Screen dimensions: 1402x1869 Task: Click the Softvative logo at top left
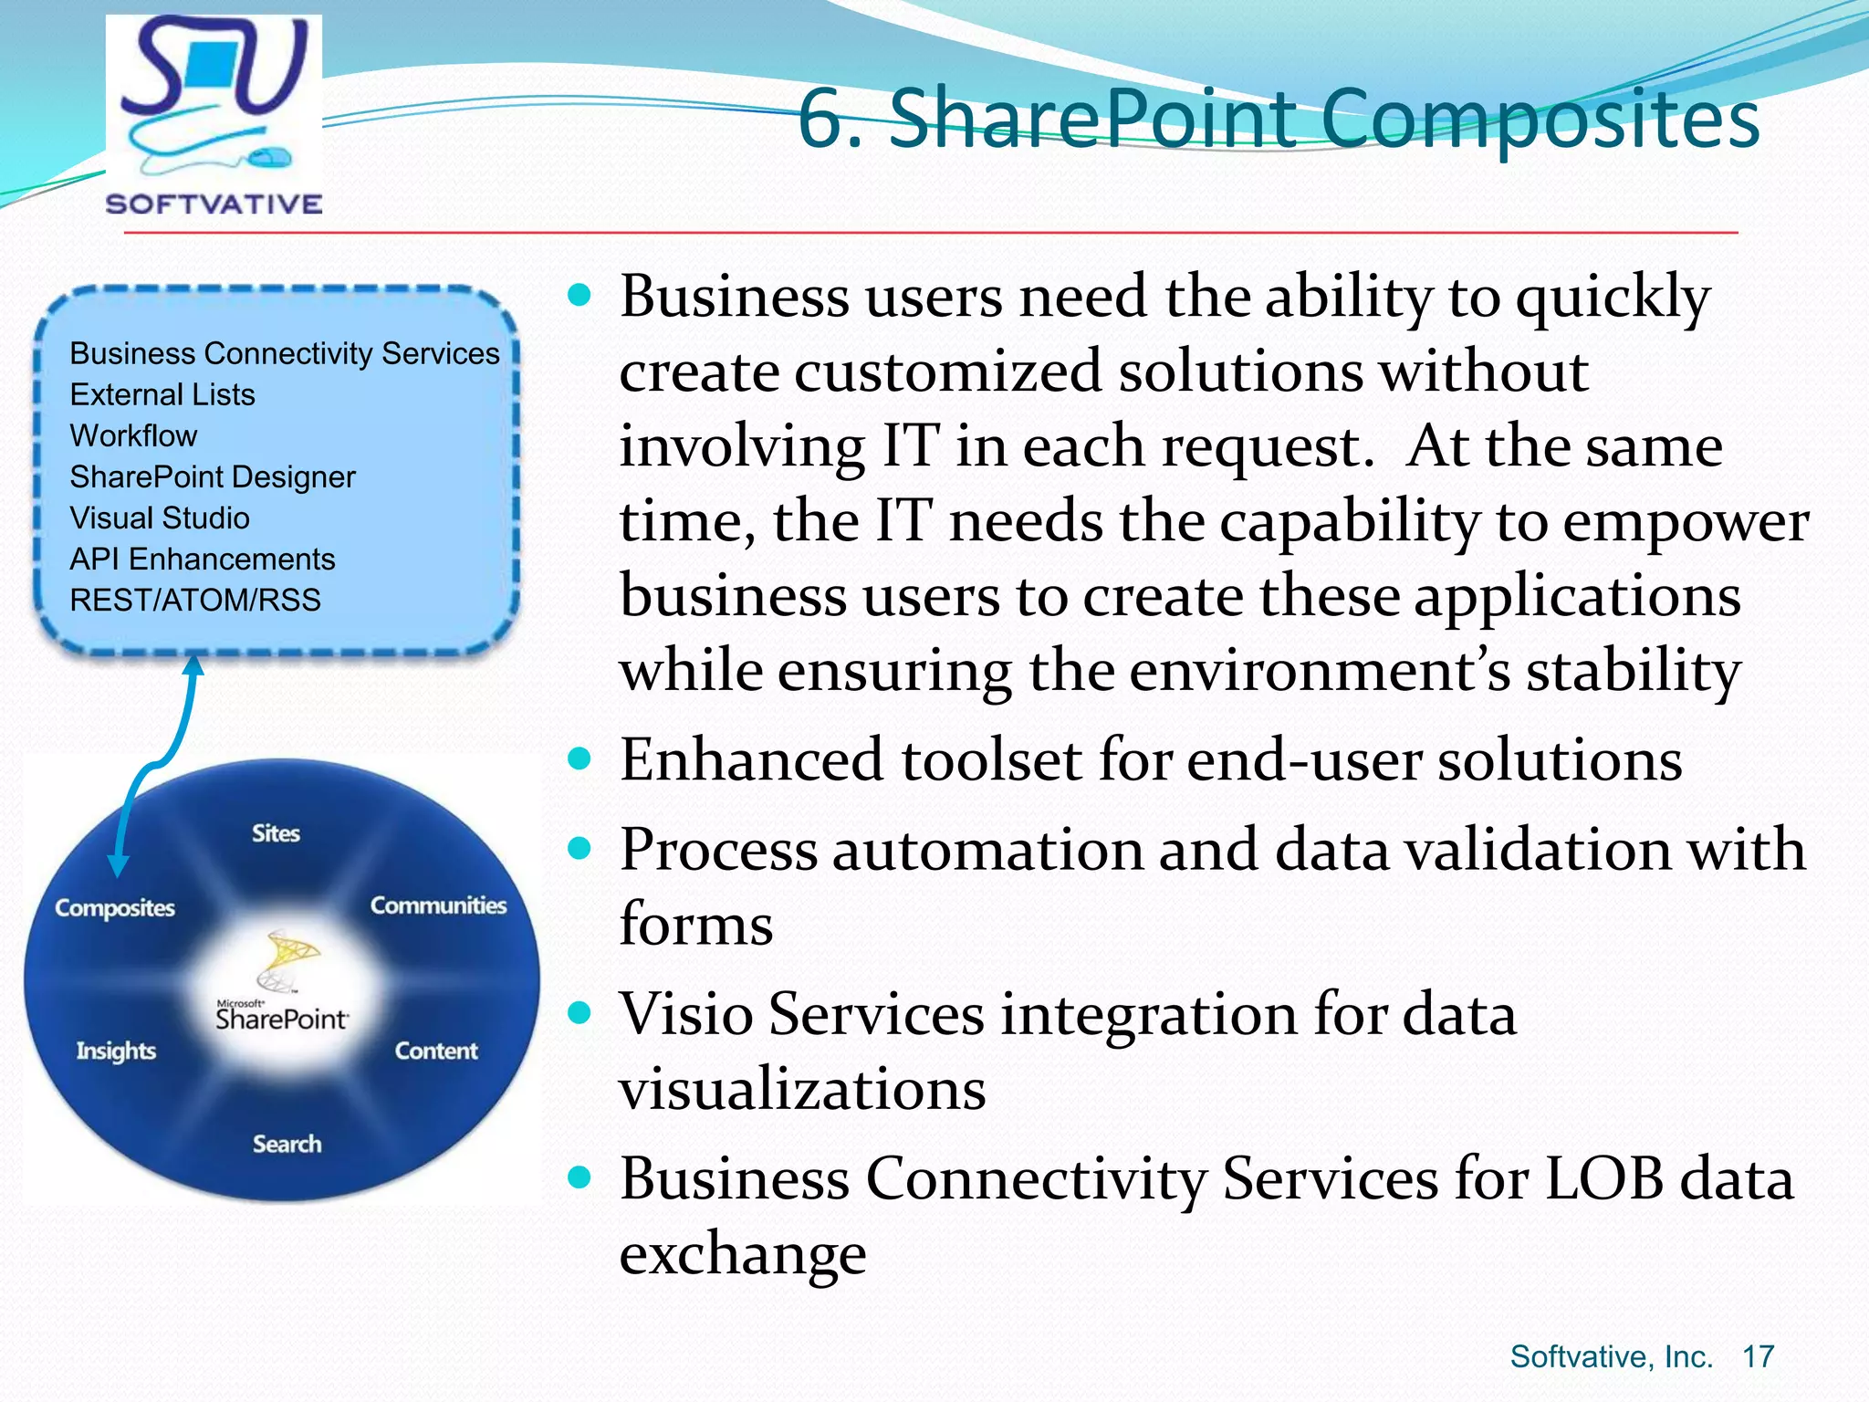coord(214,115)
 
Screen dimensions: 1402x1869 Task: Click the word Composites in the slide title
coord(1540,120)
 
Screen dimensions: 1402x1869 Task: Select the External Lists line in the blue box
coord(162,394)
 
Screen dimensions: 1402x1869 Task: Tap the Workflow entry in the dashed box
coord(133,435)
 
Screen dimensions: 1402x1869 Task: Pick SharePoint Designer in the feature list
coord(213,476)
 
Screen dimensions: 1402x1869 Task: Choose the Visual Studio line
coord(160,518)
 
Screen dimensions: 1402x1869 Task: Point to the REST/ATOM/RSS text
coord(195,600)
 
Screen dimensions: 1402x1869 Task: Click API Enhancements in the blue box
coord(203,559)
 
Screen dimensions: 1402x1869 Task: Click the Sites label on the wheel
coord(276,832)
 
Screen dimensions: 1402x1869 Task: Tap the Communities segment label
coord(438,905)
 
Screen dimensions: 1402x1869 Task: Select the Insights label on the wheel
coord(116,1051)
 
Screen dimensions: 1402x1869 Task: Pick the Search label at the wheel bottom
coord(287,1144)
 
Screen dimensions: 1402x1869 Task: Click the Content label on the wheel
coord(436,1051)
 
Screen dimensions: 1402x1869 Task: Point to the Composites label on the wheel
coord(115,908)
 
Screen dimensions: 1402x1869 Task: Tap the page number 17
coord(1758,1356)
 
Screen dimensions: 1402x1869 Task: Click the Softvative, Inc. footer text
coord(1611,1356)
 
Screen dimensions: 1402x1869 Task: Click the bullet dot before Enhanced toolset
coord(579,759)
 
